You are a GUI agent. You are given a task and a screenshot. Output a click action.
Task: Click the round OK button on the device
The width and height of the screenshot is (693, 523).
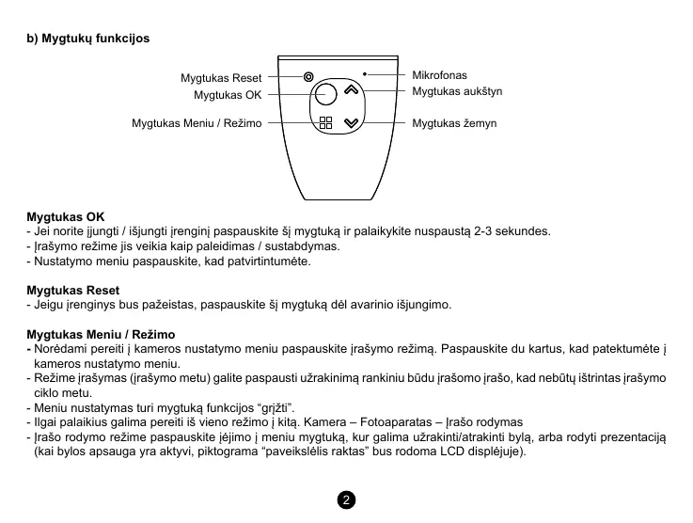tap(324, 93)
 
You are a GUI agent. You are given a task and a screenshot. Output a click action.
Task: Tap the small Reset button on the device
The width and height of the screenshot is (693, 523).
tap(308, 77)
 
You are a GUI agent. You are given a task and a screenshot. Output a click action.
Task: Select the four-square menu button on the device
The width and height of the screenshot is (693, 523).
tap(325, 123)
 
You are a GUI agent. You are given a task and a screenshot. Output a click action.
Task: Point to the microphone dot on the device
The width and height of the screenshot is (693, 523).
tap(364, 73)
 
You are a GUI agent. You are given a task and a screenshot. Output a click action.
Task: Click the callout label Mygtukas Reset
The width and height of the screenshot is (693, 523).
tap(221, 78)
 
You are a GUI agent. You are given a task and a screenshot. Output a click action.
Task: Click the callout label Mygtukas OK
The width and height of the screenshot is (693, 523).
tap(228, 95)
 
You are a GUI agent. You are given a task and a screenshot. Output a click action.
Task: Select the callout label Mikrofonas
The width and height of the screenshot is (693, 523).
tap(439, 74)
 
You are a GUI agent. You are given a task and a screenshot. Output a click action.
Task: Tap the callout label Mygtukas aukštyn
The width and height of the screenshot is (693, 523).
tap(457, 91)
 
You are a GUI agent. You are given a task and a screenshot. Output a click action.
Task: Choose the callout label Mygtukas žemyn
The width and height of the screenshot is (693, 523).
tap(454, 123)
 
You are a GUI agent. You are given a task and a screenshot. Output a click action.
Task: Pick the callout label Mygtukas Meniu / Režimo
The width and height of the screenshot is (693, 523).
tap(197, 123)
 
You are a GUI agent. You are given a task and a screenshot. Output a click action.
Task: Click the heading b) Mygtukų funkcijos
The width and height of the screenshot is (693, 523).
tap(87, 39)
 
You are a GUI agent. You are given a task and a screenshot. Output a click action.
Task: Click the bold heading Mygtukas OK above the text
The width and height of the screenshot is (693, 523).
tap(66, 216)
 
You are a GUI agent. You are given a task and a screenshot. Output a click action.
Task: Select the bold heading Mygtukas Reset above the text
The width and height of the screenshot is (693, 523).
tap(72, 291)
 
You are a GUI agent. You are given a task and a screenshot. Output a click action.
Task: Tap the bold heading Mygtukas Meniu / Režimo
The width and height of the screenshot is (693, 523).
tap(101, 335)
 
